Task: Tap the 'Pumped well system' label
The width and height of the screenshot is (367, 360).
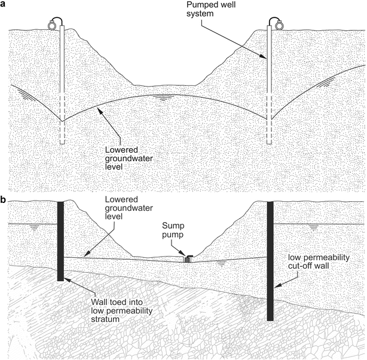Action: pyautogui.click(x=223, y=16)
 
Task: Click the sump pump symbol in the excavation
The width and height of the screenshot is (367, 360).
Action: pyautogui.click(x=189, y=259)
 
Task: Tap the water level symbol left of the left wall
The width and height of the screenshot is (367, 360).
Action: pyautogui.click(x=35, y=227)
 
